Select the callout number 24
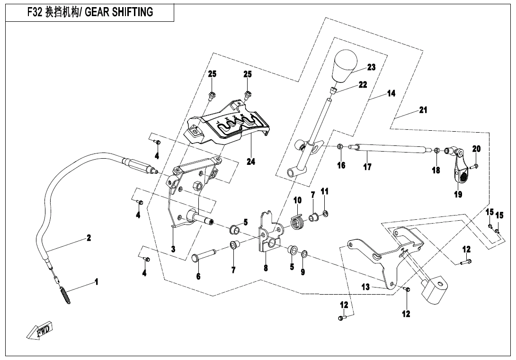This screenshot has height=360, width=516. coord(251,162)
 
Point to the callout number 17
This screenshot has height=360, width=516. coord(367,167)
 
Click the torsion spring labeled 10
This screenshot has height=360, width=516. coord(296,221)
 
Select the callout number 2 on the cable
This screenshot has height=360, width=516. coord(89,238)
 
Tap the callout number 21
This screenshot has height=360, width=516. coord(423,110)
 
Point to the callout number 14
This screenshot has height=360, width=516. coord(391,94)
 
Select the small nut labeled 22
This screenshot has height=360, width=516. coord(333,90)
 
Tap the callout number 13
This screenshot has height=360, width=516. coord(365,287)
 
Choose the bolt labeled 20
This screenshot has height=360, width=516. coord(475,166)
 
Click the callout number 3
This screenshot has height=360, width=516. coord(173,249)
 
